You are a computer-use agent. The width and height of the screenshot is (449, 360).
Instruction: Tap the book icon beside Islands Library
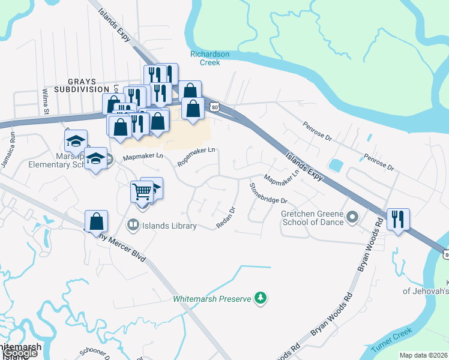pyautogui.click(x=132, y=226)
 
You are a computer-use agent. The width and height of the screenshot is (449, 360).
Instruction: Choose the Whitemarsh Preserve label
pyautogui.click(x=211, y=298)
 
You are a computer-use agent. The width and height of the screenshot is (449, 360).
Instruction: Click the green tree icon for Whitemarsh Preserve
pyautogui.click(x=260, y=298)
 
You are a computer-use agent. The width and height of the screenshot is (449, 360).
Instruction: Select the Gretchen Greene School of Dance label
pyautogui.click(x=312, y=218)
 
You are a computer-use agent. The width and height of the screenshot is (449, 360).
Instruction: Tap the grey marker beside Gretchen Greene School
pyautogui.click(x=352, y=217)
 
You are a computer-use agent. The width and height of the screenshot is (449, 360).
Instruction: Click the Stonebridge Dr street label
pyautogui.click(x=268, y=193)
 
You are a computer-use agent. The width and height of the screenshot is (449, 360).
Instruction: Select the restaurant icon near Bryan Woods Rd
pyautogui.click(x=398, y=219)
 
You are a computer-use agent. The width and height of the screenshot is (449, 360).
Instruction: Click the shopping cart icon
pyautogui.click(x=142, y=192)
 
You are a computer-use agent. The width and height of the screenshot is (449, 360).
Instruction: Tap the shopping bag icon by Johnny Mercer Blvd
pyautogui.click(x=96, y=221)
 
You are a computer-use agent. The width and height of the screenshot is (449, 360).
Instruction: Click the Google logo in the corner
pyautogui.click(x=19, y=353)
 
